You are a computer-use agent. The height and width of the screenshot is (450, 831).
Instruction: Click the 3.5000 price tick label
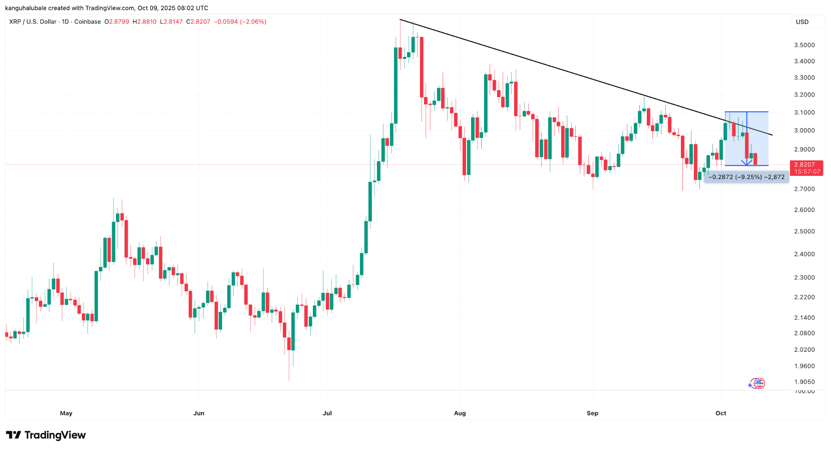coord(804,45)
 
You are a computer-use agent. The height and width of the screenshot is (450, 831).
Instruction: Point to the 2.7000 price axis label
coord(804,189)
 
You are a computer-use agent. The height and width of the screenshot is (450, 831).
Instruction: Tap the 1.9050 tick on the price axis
coord(804,382)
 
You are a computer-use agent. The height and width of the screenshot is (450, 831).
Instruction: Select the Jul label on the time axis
coord(327,413)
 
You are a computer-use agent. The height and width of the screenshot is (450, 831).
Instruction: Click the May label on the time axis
coord(66,413)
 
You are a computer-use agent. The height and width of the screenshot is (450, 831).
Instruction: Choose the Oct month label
coord(721,413)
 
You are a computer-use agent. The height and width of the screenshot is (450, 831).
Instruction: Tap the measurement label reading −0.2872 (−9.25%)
coord(746,177)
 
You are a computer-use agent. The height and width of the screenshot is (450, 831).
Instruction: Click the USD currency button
coord(802,22)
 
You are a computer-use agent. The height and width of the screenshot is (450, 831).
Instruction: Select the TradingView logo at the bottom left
coord(46,435)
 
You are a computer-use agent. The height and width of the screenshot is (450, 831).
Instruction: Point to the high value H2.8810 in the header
coord(144,22)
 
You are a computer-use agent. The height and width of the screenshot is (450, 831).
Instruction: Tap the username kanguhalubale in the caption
coord(26,8)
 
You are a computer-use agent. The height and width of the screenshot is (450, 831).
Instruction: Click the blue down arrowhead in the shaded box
coord(747,163)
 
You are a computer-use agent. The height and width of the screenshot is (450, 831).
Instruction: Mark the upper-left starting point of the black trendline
coord(400,19)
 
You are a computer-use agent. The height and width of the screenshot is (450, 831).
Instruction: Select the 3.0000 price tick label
coord(804,130)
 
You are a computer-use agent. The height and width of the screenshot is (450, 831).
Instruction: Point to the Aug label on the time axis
coord(460,413)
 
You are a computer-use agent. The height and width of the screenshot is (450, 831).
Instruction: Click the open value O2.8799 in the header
coord(117,22)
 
